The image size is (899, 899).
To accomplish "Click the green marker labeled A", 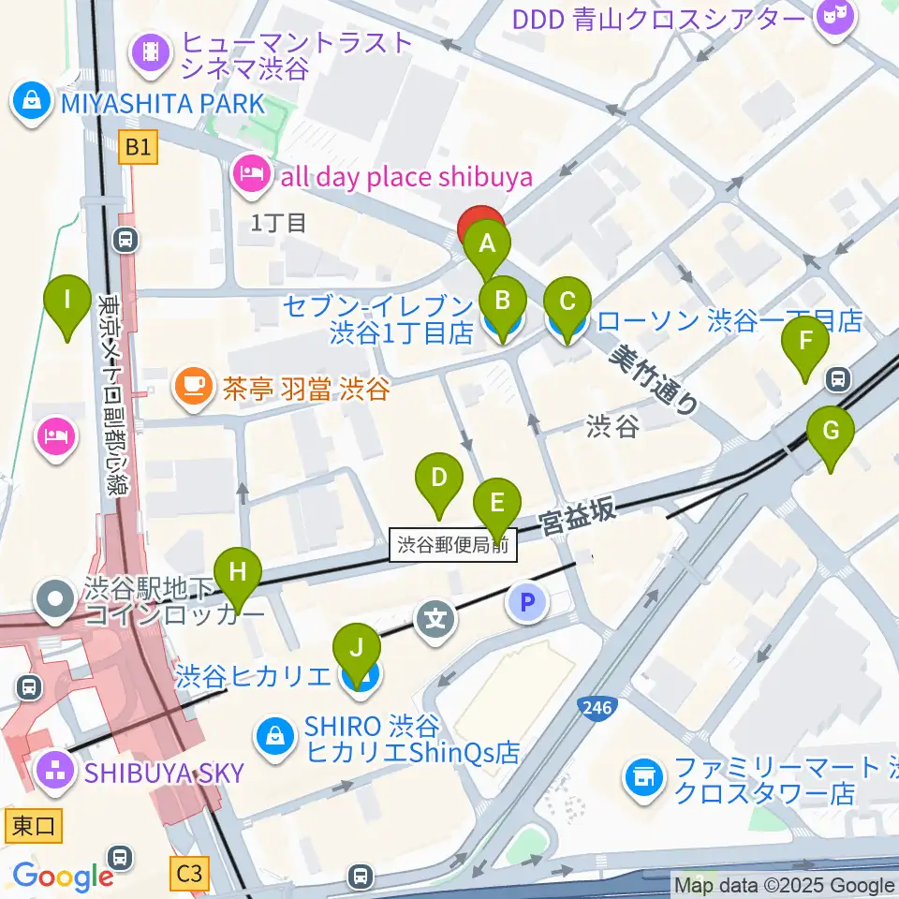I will coord(486,245).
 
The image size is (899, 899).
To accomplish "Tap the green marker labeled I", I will coord(67,301).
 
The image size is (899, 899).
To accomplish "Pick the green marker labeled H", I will coord(238,572).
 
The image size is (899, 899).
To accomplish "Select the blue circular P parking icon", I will coord(526,603).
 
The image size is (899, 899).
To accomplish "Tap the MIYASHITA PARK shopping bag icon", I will coord(31,102).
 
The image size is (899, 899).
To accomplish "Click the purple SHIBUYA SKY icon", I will coord(54,772).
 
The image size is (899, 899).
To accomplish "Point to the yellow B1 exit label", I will coord(140,147).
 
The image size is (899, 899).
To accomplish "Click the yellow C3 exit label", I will coord(189,874).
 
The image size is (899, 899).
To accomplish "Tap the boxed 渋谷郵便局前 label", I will coord(453,543).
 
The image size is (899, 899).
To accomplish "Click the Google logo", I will coord(63,877).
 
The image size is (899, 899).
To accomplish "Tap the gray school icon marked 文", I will coord(436,619).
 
